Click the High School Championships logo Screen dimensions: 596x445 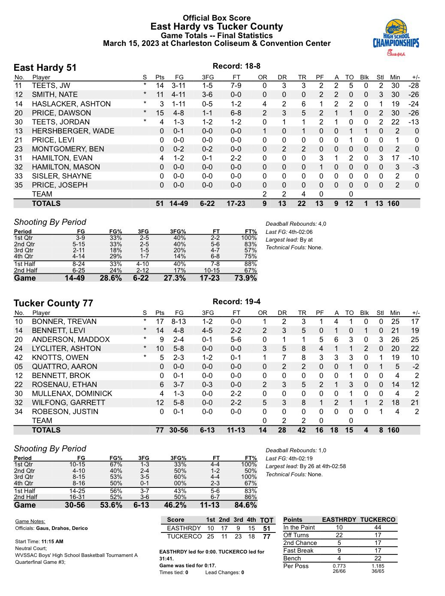click(396, 38)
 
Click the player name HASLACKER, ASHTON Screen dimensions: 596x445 click(71, 104)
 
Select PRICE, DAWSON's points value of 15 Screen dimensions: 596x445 click(160, 113)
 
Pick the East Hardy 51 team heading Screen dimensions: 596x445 click(45, 68)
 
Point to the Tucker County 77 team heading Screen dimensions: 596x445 click(53, 303)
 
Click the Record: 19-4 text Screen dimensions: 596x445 click(236, 302)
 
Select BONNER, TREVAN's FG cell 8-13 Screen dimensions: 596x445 click(179, 321)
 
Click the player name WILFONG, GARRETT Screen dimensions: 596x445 click(68, 402)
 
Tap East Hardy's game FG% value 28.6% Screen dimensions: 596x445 click(111, 278)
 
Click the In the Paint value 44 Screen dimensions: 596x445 click(378, 527)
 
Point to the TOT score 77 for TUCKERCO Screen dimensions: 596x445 click(266, 536)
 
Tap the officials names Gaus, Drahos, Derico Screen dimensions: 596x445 click(62, 528)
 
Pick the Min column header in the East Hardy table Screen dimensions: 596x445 click(395, 77)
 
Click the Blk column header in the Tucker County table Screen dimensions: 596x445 click(364, 313)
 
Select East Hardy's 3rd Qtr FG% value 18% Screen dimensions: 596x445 click(116, 250)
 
